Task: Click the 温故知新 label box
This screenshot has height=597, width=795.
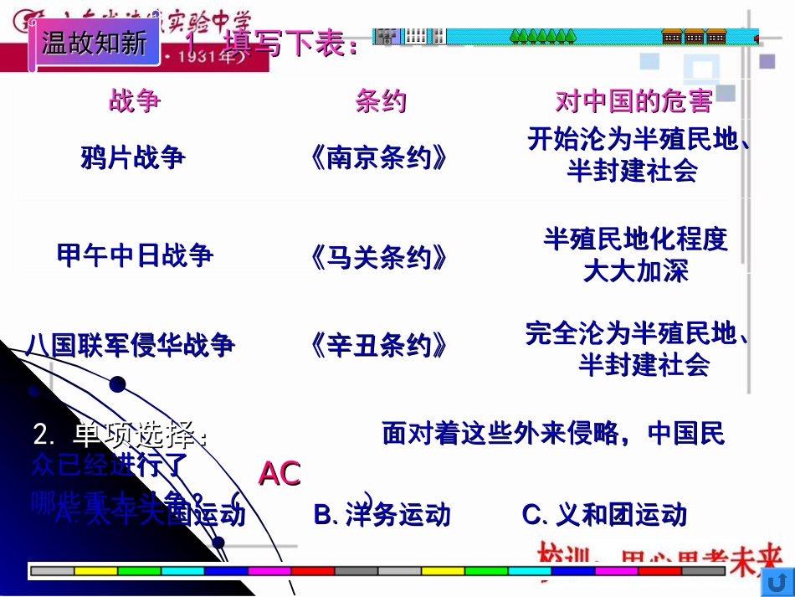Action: [94, 42]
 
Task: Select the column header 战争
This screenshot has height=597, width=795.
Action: [134, 101]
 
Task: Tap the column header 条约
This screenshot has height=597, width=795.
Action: [381, 101]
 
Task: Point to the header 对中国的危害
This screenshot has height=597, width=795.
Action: [633, 101]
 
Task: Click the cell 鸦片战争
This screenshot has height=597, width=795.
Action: [134, 157]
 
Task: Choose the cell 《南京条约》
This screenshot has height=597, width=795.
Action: [378, 157]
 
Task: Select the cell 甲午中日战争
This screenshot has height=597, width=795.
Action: [135, 255]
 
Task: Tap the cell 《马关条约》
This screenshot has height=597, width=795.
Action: [378, 257]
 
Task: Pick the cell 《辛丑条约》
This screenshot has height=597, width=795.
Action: [378, 345]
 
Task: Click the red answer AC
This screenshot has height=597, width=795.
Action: [279, 474]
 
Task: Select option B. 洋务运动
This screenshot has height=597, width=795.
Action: [382, 514]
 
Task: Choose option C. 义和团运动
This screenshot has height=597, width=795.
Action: [604, 514]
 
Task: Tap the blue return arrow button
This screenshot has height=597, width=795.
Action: [778, 581]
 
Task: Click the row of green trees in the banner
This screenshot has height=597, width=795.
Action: [543, 36]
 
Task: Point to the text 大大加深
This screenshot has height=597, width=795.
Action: [635, 271]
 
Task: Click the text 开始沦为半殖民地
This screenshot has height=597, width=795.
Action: [636, 139]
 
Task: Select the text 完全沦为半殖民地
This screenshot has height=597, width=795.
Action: [636, 333]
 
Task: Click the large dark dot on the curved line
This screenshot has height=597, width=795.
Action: [117, 384]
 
